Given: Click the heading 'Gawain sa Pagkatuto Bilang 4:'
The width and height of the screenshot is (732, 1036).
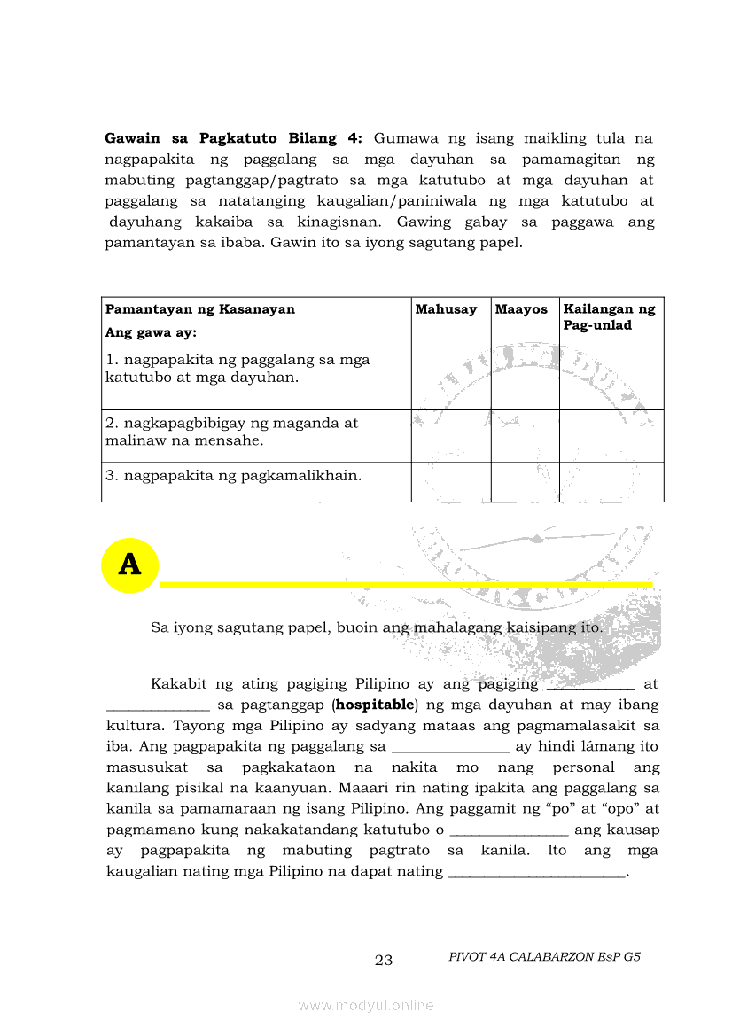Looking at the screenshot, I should pos(234,138).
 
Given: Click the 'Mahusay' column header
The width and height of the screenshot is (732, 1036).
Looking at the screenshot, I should pos(446,309).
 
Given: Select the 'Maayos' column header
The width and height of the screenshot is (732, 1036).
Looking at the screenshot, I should pos(521,309).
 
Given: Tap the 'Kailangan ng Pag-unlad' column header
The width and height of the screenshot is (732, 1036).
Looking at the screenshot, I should pos(610,317).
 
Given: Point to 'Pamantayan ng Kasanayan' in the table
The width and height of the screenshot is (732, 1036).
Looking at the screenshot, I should pos(200,309).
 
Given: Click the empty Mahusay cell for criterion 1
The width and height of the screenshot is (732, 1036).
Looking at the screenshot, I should pos(450,378).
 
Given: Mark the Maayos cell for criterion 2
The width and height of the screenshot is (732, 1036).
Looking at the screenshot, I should pos(525,435).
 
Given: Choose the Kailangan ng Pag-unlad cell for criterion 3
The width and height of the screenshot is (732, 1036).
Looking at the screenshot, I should pos(611,481).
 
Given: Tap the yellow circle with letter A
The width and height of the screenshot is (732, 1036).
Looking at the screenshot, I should pos(129,565).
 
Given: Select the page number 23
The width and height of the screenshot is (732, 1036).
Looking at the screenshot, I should pos(384,960).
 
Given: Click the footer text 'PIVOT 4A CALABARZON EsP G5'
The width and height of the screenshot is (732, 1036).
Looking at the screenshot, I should pos(544,957).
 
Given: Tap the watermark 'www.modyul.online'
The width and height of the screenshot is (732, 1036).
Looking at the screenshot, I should pos(366,1005).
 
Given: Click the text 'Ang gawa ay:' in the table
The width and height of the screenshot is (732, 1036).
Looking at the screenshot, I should pos(151,333).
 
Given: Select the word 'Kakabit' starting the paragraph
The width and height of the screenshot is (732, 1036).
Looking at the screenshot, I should pos(178,684).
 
